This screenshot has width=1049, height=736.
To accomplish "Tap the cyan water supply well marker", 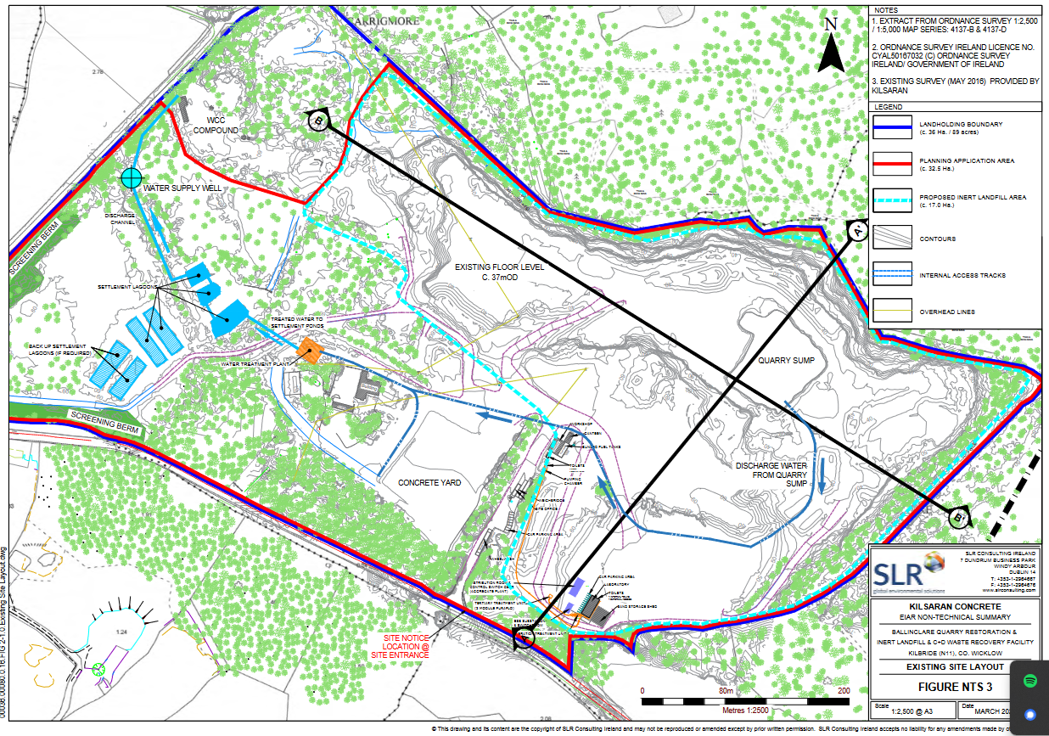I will click(131, 177).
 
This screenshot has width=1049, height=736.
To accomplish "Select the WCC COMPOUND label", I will click(216, 125).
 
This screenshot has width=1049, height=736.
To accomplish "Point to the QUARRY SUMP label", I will click(785, 360).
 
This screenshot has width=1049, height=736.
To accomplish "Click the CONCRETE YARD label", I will click(429, 482).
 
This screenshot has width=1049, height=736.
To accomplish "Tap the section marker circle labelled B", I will click(318, 121).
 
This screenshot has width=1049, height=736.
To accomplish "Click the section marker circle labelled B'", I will click(959, 515).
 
